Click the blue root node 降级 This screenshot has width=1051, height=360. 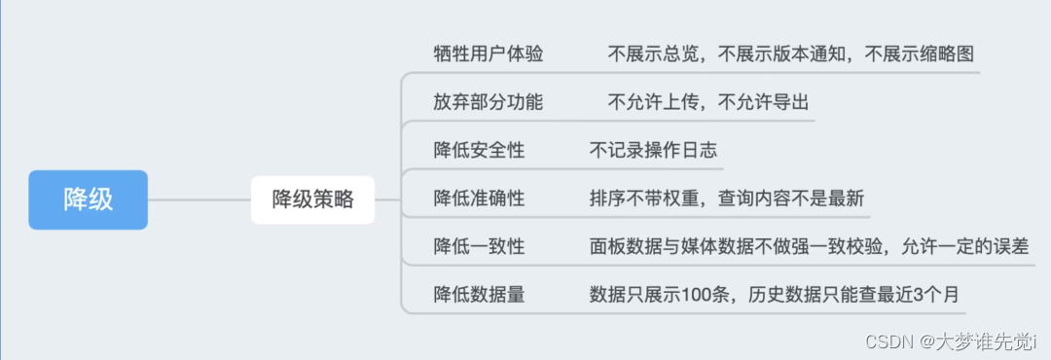click(x=88, y=199)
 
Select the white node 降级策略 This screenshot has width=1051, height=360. click(x=312, y=200)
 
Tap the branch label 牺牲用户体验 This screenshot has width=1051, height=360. click(x=489, y=54)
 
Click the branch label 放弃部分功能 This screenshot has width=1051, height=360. click(x=489, y=102)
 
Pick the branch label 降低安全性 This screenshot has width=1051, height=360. click(x=479, y=150)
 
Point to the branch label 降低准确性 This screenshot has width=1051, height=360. click(x=479, y=198)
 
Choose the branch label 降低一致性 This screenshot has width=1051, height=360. click(x=479, y=246)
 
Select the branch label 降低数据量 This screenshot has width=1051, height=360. click(x=479, y=294)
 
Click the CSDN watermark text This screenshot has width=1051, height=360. click(x=960, y=342)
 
